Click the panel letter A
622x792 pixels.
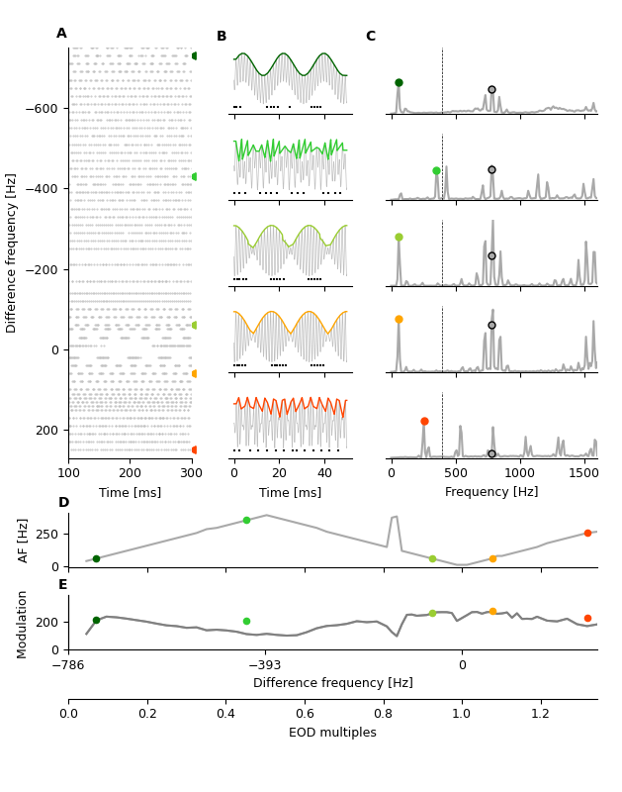tap(61, 34)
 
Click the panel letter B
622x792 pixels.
tap(222, 37)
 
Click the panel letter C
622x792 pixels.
tap(371, 37)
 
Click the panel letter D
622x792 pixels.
tap(63, 503)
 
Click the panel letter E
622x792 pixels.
tap(63, 585)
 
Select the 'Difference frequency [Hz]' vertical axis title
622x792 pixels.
tap(12, 252)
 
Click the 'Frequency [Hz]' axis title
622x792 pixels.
tap(492, 492)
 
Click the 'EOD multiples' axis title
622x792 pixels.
tap(332, 733)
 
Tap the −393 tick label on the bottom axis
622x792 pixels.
tap(265, 665)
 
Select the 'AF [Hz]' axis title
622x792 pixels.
tap(25, 540)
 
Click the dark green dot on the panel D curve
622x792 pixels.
tap(96, 558)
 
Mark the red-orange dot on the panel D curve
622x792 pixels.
tap(587, 533)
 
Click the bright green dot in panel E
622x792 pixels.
tap(246, 622)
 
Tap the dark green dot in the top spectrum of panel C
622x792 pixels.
tap(399, 83)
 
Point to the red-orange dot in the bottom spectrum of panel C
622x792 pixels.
tap(424, 421)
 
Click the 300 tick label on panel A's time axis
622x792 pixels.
tap(191, 474)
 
